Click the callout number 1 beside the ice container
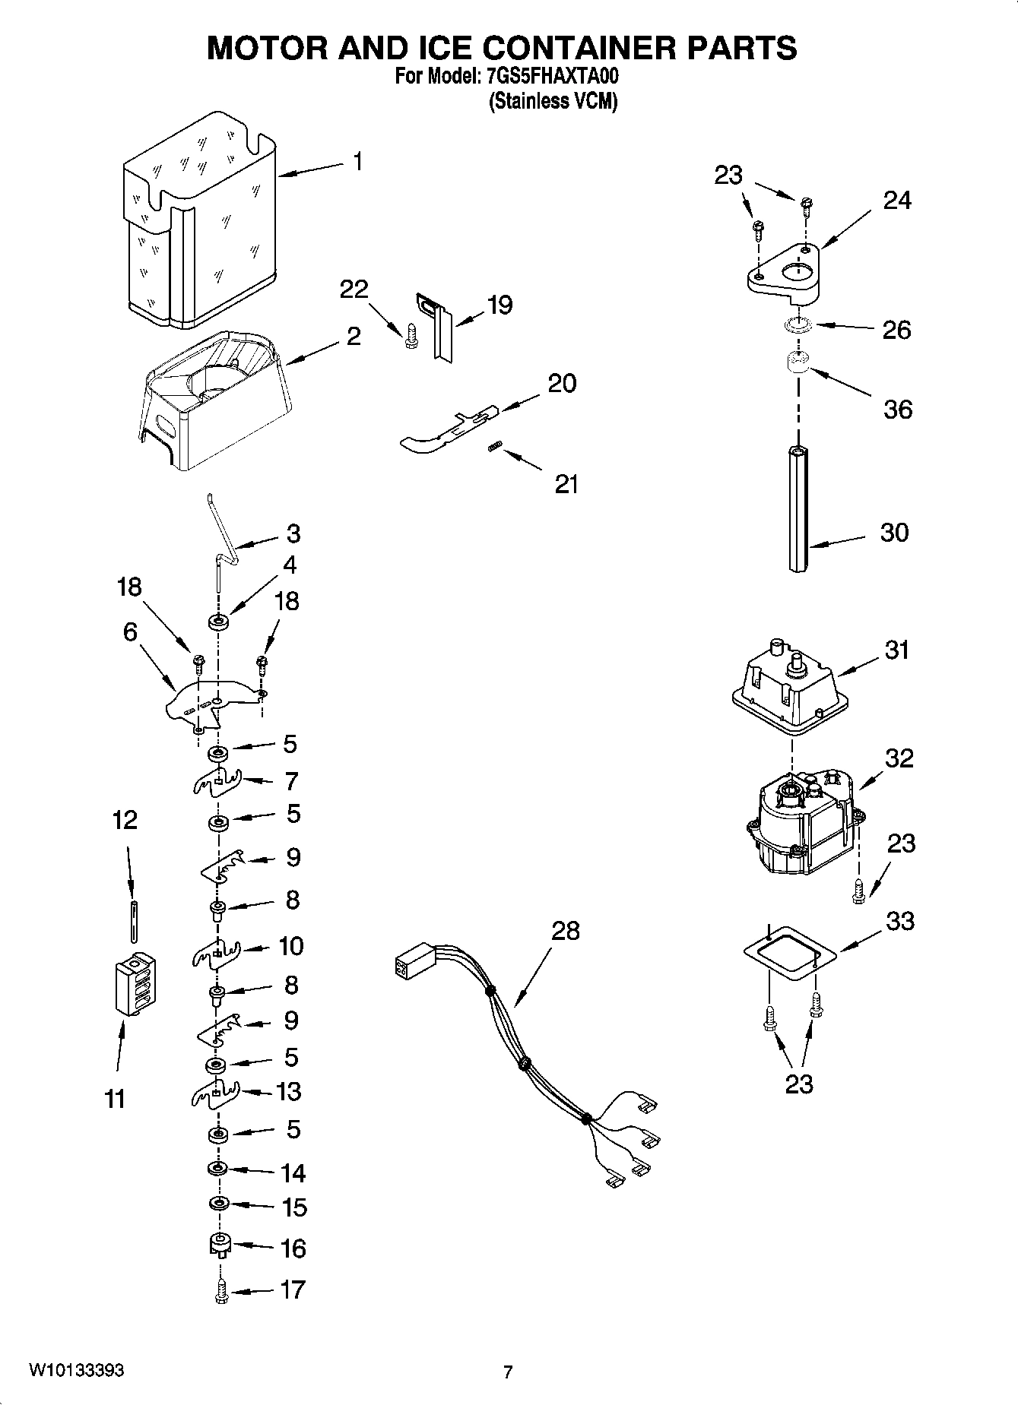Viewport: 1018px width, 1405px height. [357, 162]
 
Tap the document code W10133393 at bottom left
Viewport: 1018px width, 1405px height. [76, 1370]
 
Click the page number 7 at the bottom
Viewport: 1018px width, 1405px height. [508, 1372]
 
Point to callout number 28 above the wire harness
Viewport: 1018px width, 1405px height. [565, 930]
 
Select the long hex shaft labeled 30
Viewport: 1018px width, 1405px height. [797, 509]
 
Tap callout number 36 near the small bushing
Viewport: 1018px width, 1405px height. [897, 410]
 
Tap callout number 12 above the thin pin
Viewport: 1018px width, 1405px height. [125, 820]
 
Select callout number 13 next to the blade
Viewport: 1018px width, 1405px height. [289, 1091]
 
